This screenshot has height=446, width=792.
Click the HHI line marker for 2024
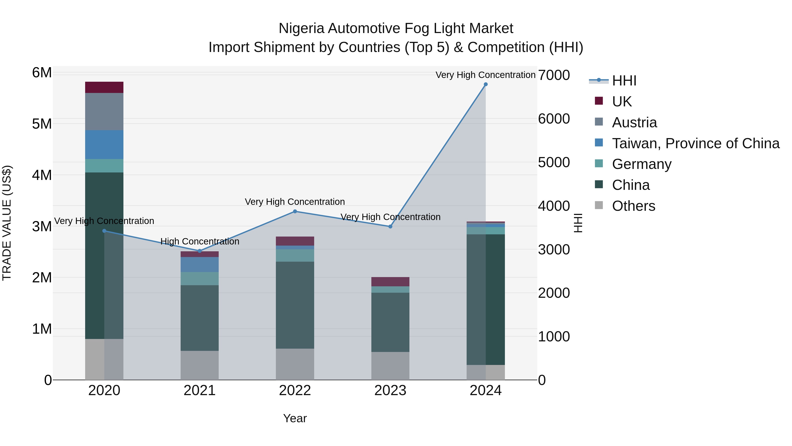[486, 84]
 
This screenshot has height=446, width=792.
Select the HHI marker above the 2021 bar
[200, 251]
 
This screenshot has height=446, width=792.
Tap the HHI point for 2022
[295, 211]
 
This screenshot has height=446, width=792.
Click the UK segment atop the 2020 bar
[104, 87]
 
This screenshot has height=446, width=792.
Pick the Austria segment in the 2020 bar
[104, 111]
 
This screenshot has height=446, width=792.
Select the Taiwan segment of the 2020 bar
[104, 145]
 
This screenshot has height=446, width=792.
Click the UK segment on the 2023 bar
[390, 282]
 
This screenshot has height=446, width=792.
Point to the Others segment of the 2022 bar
[295, 364]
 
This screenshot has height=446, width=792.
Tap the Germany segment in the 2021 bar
[200, 279]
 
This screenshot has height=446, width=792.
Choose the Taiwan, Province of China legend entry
[695, 143]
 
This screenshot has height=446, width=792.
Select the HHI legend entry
[624, 81]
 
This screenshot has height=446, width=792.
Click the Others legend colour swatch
[599, 205]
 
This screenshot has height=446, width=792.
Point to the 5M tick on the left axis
[42, 124]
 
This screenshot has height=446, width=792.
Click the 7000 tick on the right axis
[554, 75]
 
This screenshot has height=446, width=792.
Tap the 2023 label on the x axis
[390, 390]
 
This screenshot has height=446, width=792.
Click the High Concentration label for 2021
[200, 241]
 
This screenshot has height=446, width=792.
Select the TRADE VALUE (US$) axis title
[7, 223]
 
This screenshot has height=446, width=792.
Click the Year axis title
[295, 418]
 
